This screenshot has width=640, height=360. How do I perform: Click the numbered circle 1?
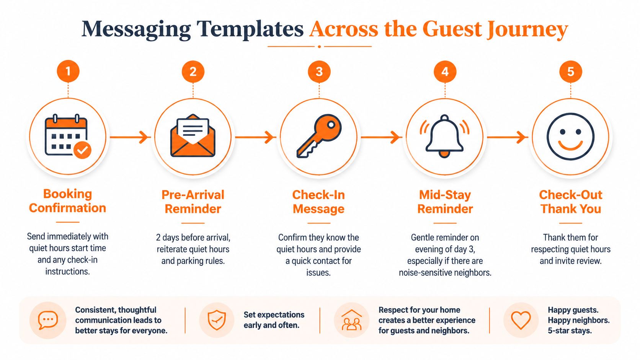point(68,71)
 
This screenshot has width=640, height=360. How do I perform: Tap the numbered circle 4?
point(445,72)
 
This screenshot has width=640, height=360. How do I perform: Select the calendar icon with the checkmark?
point(68,136)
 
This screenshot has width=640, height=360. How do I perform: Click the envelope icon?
point(193,135)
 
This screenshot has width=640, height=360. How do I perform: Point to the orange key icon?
point(319,136)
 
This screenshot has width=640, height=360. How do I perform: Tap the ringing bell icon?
point(444,136)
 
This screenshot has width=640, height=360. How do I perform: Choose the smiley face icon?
point(571,136)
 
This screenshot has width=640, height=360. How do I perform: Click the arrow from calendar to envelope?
point(130,137)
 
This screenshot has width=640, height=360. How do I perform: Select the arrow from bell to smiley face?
point(508,137)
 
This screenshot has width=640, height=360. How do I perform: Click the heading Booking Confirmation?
point(67,201)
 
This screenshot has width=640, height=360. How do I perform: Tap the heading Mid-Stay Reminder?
point(445,202)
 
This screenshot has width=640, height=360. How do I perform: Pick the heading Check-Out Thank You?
point(571,202)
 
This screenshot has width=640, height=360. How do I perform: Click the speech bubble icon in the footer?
point(48,320)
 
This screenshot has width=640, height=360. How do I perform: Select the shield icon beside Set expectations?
point(217,320)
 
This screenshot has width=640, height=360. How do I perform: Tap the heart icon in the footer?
point(521,320)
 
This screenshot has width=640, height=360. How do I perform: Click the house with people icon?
point(352,320)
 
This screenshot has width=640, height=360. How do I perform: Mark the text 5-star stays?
point(570,331)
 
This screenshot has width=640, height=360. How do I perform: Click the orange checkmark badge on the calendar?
point(82,150)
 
